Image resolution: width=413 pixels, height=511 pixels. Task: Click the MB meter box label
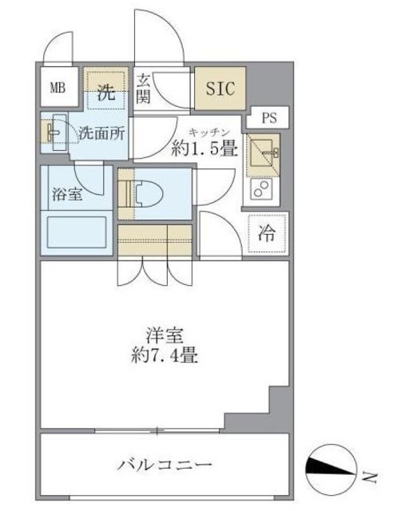[x=58, y=88]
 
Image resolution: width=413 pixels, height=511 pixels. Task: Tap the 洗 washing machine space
[x=106, y=90]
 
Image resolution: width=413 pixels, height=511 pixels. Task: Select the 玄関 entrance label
[x=144, y=88]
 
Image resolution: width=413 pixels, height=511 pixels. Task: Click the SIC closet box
[x=220, y=88]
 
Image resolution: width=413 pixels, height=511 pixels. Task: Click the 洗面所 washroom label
[x=101, y=134]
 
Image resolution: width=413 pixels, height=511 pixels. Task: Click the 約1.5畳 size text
[x=205, y=148]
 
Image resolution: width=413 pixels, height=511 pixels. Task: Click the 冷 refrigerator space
[x=268, y=234]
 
